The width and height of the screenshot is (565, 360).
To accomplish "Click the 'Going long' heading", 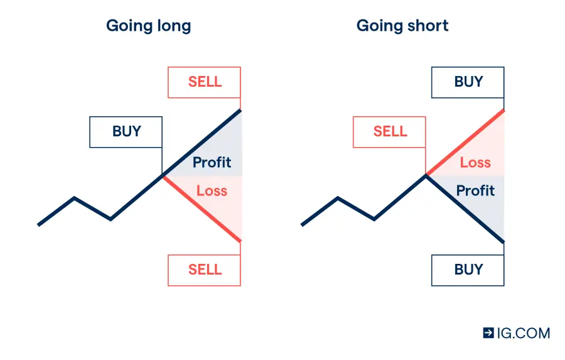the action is click(148, 26).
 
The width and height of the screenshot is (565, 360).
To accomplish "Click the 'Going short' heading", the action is click(402, 26).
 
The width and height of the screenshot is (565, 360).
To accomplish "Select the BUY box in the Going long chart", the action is click(126, 132).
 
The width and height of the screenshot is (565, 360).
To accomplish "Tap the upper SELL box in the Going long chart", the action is click(204, 82).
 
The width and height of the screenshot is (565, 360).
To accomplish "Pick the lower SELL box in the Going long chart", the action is click(204, 270).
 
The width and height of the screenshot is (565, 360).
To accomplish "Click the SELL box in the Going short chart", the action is click(389, 132).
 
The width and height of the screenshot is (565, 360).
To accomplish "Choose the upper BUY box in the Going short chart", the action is click(468, 82).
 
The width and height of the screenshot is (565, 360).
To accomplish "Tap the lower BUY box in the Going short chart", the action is click(468, 270).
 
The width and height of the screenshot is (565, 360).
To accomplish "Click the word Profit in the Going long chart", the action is click(212, 162).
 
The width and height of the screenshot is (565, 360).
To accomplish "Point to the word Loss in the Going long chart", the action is click(212, 190).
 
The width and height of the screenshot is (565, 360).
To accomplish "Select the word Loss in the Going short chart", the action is click(475, 162).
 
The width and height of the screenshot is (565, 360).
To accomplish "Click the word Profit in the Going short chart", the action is click(475, 190).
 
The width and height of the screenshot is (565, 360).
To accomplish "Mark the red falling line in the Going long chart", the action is click(202, 209).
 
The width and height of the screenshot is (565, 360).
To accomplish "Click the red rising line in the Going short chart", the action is click(465, 142).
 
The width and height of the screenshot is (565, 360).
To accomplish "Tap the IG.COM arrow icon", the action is click(488, 332).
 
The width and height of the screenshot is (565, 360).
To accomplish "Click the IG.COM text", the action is click(524, 333).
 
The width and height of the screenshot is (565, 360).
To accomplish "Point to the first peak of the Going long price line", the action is click(74, 198).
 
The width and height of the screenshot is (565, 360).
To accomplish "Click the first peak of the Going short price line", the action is click(338, 198).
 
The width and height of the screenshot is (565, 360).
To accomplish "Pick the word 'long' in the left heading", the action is click(174, 26).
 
